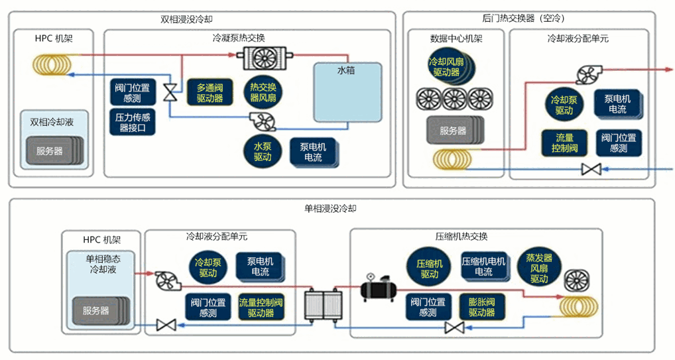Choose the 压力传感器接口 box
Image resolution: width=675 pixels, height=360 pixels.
click(132, 123)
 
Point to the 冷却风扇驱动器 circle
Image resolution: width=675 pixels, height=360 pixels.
click(446, 66)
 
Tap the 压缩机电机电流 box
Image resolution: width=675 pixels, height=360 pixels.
click(483, 267)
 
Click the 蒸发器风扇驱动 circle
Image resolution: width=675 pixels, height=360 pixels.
click(539, 269)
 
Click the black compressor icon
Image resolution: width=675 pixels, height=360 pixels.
click(377, 288)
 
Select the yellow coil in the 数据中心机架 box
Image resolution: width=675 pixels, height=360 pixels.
click(452, 159)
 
